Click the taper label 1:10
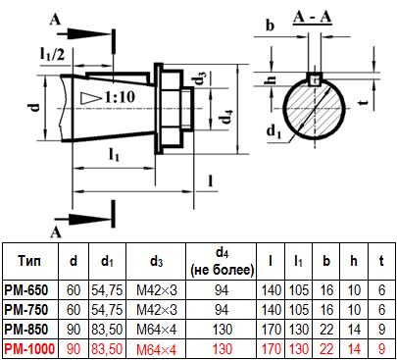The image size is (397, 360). click(x=120, y=97)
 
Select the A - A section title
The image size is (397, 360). click(x=313, y=17)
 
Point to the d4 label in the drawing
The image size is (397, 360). click(x=227, y=117)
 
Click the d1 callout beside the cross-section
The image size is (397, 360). click(x=273, y=131)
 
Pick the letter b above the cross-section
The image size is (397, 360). click(x=270, y=26)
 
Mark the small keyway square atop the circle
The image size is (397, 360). click(x=315, y=79)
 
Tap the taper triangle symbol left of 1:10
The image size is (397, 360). click(x=90, y=98)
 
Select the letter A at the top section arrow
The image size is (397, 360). click(x=55, y=20)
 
